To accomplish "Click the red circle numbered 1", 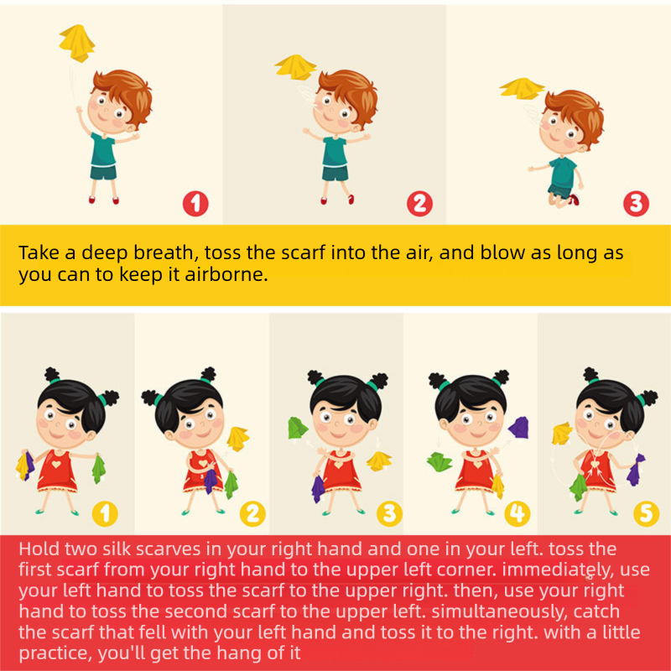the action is coord(195,204).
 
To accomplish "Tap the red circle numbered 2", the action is coord(419,204).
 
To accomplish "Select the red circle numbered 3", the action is coord(636,204).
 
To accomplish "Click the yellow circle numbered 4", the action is coord(518,513).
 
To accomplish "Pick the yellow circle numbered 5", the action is coord(646,513).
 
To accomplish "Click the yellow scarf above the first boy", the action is coord(77,44).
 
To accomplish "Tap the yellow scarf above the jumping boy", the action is coord(522,89).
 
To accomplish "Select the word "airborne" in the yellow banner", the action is coord(226,274).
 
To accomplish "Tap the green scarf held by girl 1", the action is coord(99,469).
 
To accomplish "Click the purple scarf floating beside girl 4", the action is coord(518,427).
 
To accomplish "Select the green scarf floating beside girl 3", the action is coord(298,428).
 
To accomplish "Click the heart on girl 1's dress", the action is coord(56,464).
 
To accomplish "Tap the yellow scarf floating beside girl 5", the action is coord(562,433).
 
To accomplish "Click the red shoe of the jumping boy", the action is coord(575,199).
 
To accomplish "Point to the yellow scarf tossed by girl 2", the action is coord(237,439).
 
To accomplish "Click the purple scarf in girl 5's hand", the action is coord(636,470).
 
